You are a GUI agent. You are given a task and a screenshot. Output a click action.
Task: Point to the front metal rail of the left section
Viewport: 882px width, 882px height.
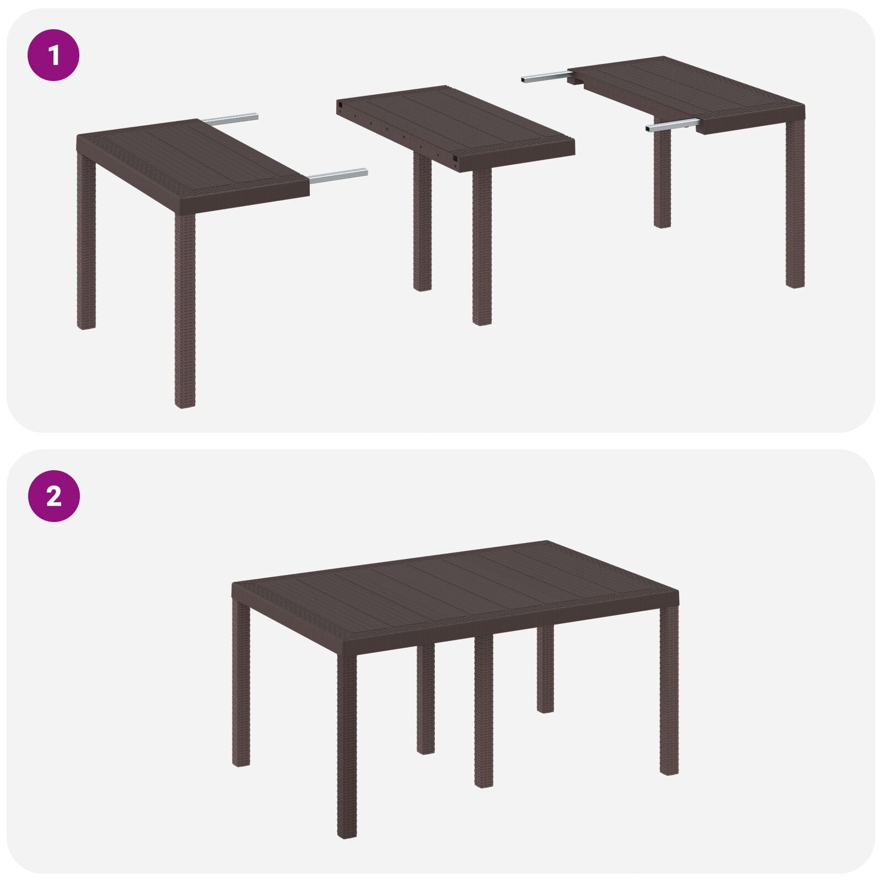(x=337, y=175)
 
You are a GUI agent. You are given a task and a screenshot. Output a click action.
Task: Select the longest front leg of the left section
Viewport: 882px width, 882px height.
(x=185, y=309)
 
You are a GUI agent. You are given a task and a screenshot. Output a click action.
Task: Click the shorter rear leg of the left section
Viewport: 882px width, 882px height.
(x=86, y=243)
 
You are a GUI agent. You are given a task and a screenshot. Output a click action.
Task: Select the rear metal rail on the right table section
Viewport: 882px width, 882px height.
(x=543, y=77)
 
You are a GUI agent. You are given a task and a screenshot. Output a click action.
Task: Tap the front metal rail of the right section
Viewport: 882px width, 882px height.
(x=673, y=126)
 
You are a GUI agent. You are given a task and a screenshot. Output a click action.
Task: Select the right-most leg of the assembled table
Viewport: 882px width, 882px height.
(x=669, y=689)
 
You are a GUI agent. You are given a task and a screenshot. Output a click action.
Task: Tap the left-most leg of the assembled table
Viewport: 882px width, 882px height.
(x=241, y=684)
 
